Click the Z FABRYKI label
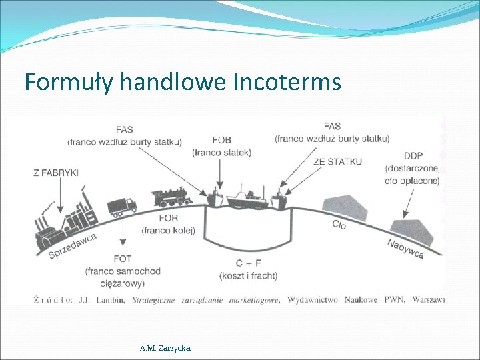[56, 173]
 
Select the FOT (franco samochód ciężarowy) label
[123, 271]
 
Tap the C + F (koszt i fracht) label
[248, 269]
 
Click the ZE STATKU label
[337, 162]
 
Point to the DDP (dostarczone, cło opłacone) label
[413, 168]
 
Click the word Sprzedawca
[73, 245]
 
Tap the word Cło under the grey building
[339, 225]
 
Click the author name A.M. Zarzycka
[165, 348]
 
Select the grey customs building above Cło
[344, 206]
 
